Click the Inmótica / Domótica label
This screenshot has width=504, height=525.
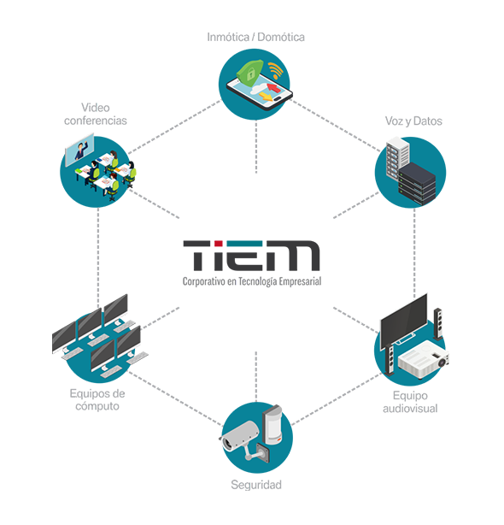(x=256, y=37)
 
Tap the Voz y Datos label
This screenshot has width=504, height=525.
(x=413, y=121)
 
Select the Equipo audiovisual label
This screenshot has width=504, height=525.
(x=410, y=402)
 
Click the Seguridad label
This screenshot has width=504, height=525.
(x=256, y=485)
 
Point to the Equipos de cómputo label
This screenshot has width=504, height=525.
(x=97, y=399)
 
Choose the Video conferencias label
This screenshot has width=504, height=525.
(x=96, y=114)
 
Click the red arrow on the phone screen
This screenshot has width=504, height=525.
(x=274, y=88)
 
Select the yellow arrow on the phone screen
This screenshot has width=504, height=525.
(x=267, y=96)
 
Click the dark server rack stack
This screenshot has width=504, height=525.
(x=418, y=183)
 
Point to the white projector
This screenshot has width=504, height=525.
(x=424, y=360)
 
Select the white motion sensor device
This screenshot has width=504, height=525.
(x=273, y=425)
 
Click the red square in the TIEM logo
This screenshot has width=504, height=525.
(x=218, y=244)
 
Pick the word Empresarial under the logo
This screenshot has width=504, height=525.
(x=300, y=281)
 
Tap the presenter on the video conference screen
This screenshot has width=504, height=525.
(x=81, y=150)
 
